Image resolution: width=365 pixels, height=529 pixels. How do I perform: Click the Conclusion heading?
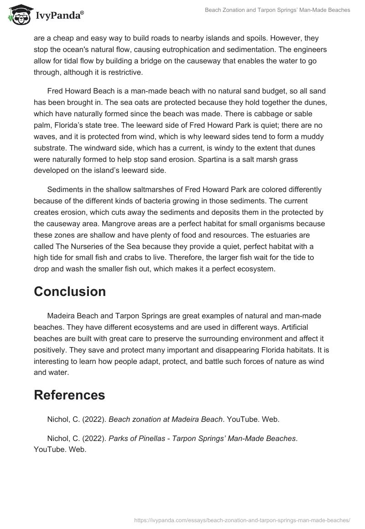[70, 291]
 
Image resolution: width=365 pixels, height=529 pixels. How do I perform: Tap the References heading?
[69, 395]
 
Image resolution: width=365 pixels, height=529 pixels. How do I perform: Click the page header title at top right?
[277, 10]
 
